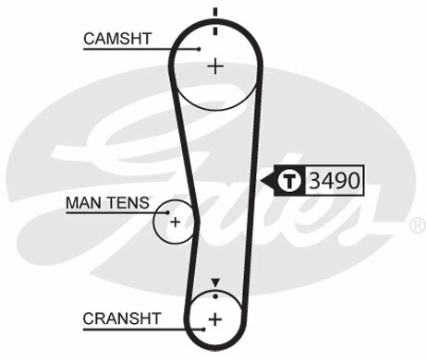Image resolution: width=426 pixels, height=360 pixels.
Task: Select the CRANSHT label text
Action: click(121, 318)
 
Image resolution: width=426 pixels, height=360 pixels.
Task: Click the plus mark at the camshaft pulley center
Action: click(215, 66)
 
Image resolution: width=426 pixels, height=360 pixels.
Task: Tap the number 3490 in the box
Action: click(335, 179)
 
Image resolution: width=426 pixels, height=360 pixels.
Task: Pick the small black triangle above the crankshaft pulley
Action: click(215, 282)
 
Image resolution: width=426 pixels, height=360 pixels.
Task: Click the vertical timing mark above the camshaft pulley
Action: click(215, 12)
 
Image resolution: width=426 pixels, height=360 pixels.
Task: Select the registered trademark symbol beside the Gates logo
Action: click(417, 224)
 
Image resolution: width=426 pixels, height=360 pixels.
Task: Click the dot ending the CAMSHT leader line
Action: click(199, 48)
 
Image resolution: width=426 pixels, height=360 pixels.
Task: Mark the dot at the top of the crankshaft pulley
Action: click(215, 295)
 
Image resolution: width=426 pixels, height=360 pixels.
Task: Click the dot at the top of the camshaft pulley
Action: click(215, 30)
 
